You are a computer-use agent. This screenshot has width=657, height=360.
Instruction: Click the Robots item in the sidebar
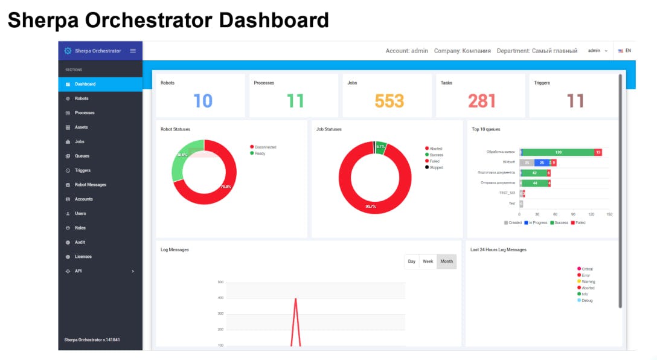click(82, 98)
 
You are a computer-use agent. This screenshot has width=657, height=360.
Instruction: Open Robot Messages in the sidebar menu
click(90, 185)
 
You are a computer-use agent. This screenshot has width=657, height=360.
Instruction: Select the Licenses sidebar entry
click(83, 257)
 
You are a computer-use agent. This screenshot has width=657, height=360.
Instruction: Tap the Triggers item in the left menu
click(83, 170)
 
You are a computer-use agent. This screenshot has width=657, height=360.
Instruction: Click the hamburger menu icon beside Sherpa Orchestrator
click(133, 51)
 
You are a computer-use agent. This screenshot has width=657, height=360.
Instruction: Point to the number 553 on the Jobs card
click(389, 101)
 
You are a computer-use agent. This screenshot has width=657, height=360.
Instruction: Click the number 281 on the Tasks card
click(482, 101)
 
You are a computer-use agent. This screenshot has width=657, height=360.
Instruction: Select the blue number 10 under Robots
click(203, 101)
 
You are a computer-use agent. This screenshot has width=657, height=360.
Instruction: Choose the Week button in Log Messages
click(428, 262)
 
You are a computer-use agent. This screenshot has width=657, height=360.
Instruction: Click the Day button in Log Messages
click(412, 262)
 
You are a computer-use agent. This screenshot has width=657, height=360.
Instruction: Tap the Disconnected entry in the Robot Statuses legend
click(265, 147)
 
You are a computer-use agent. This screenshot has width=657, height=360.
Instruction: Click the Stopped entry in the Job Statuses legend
click(436, 167)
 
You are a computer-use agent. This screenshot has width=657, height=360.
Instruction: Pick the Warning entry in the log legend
click(588, 281)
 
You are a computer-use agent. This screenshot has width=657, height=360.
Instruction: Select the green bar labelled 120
click(558, 152)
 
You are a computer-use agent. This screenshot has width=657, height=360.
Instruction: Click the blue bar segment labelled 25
click(542, 162)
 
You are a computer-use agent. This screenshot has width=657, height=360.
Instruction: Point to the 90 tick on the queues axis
click(573, 214)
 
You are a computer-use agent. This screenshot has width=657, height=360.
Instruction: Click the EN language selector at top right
click(625, 51)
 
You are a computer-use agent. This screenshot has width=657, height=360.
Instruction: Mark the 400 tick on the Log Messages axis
click(220, 298)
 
